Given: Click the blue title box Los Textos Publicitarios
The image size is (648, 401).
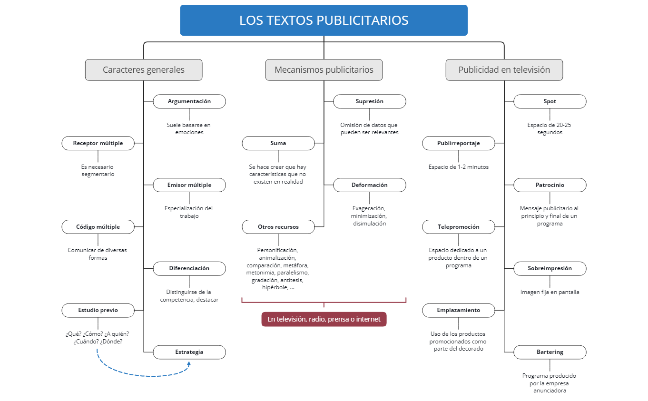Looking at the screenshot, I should click(x=324, y=20).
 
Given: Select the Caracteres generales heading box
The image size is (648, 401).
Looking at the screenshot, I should click(x=144, y=70).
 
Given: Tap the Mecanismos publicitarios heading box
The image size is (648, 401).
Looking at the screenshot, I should click(x=324, y=70).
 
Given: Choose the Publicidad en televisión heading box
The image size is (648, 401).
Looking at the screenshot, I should click(x=504, y=70).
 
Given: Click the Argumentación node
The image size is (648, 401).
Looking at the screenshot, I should click(x=189, y=101).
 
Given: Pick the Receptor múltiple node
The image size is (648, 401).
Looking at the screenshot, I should click(x=98, y=143).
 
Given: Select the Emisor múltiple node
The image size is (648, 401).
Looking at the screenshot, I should click(x=189, y=185).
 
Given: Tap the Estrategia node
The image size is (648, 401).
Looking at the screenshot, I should click(x=189, y=352).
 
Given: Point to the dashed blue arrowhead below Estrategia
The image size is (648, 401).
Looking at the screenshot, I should click(x=189, y=363).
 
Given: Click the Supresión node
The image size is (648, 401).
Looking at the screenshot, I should click(x=370, y=101).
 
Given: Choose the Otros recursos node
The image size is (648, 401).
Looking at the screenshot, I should click(x=278, y=227).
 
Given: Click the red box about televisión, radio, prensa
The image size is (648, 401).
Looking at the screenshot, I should click(x=324, y=319).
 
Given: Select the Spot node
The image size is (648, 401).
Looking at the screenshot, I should click(x=550, y=101).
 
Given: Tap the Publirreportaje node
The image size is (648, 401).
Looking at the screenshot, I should click(x=459, y=143).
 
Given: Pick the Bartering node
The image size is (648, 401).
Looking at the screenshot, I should click(x=550, y=352).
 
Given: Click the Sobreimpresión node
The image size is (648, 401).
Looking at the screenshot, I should click(x=550, y=268).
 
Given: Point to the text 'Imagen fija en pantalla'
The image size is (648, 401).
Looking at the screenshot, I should click(x=550, y=292).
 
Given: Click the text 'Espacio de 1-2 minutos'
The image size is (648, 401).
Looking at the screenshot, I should click(x=459, y=167).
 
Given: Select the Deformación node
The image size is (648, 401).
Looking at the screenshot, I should click(x=370, y=185).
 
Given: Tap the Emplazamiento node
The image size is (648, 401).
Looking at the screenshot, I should click(x=459, y=310).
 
